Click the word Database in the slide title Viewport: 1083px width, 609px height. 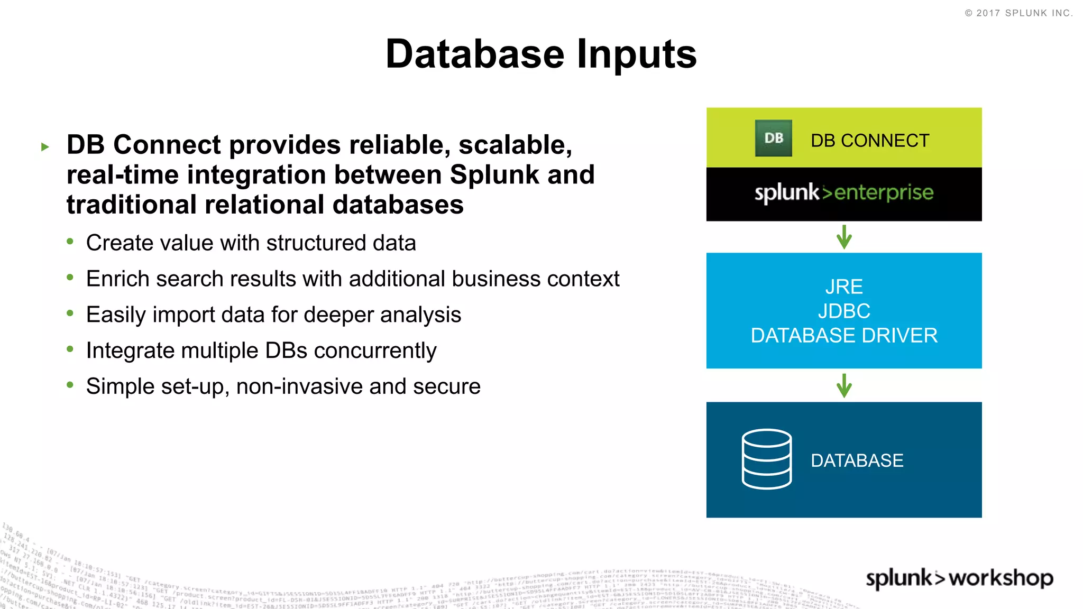(x=474, y=54)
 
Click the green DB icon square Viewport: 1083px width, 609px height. (x=773, y=138)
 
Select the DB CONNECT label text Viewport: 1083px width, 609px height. (x=870, y=141)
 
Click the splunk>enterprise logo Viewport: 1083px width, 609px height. (x=843, y=193)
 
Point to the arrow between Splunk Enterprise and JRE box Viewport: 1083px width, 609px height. (x=844, y=237)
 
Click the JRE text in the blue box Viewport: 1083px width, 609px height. (x=844, y=287)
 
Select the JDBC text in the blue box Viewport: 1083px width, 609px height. (x=844, y=311)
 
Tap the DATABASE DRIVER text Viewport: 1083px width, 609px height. (x=844, y=336)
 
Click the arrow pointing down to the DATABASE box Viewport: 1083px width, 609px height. (x=844, y=385)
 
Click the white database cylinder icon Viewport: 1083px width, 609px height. (x=767, y=459)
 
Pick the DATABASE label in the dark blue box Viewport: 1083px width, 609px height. (x=857, y=460)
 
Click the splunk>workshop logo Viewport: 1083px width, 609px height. (x=959, y=578)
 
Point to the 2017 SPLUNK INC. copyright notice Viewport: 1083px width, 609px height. (x=1018, y=13)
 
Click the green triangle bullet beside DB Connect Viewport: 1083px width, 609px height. (x=45, y=146)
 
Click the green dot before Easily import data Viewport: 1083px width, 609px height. (x=70, y=313)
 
